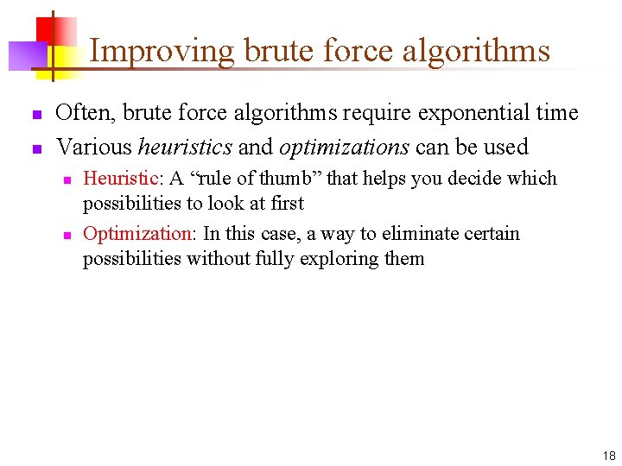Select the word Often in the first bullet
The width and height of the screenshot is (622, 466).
tap(86, 113)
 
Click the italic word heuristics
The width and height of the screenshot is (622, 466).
tap(185, 147)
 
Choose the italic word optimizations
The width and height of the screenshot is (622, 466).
tap(344, 147)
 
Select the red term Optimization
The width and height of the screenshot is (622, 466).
tap(137, 234)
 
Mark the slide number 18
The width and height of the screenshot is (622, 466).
tap(608, 456)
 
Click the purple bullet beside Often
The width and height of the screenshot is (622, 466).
tap(35, 115)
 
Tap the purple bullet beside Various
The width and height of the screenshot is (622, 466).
tap(35, 148)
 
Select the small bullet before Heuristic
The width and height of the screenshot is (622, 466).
tap(65, 180)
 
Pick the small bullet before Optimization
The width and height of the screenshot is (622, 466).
tap(65, 236)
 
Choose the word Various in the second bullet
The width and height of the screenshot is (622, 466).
tap(92, 147)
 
